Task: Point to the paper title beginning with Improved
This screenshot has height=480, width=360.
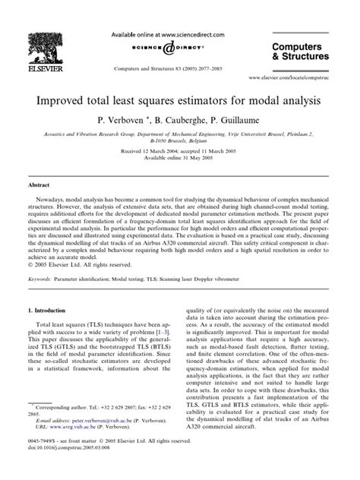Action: point(180,99)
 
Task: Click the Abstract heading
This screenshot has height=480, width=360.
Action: point(39,185)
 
